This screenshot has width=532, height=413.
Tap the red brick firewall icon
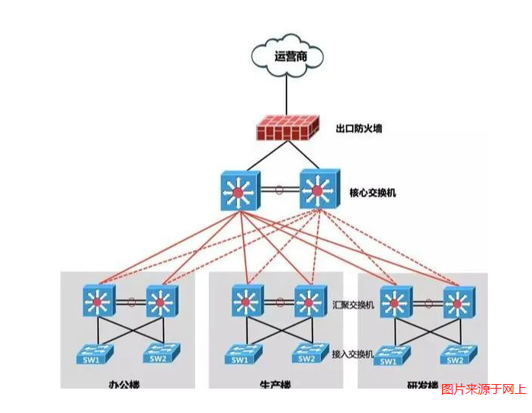[x=287, y=128]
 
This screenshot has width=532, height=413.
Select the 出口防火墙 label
[x=358, y=128]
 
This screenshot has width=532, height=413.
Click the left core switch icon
[x=239, y=191]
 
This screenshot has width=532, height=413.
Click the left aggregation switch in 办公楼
[x=98, y=302]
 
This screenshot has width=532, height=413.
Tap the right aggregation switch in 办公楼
[x=161, y=302]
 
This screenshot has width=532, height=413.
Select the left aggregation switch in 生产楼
[x=245, y=302]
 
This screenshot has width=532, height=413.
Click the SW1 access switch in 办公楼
[x=93, y=354]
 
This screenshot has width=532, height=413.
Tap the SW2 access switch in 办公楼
[x=161, y=354]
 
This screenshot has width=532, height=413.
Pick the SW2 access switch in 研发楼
[x=457, y=354]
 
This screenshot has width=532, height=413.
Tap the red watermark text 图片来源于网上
[x=483, y=389]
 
